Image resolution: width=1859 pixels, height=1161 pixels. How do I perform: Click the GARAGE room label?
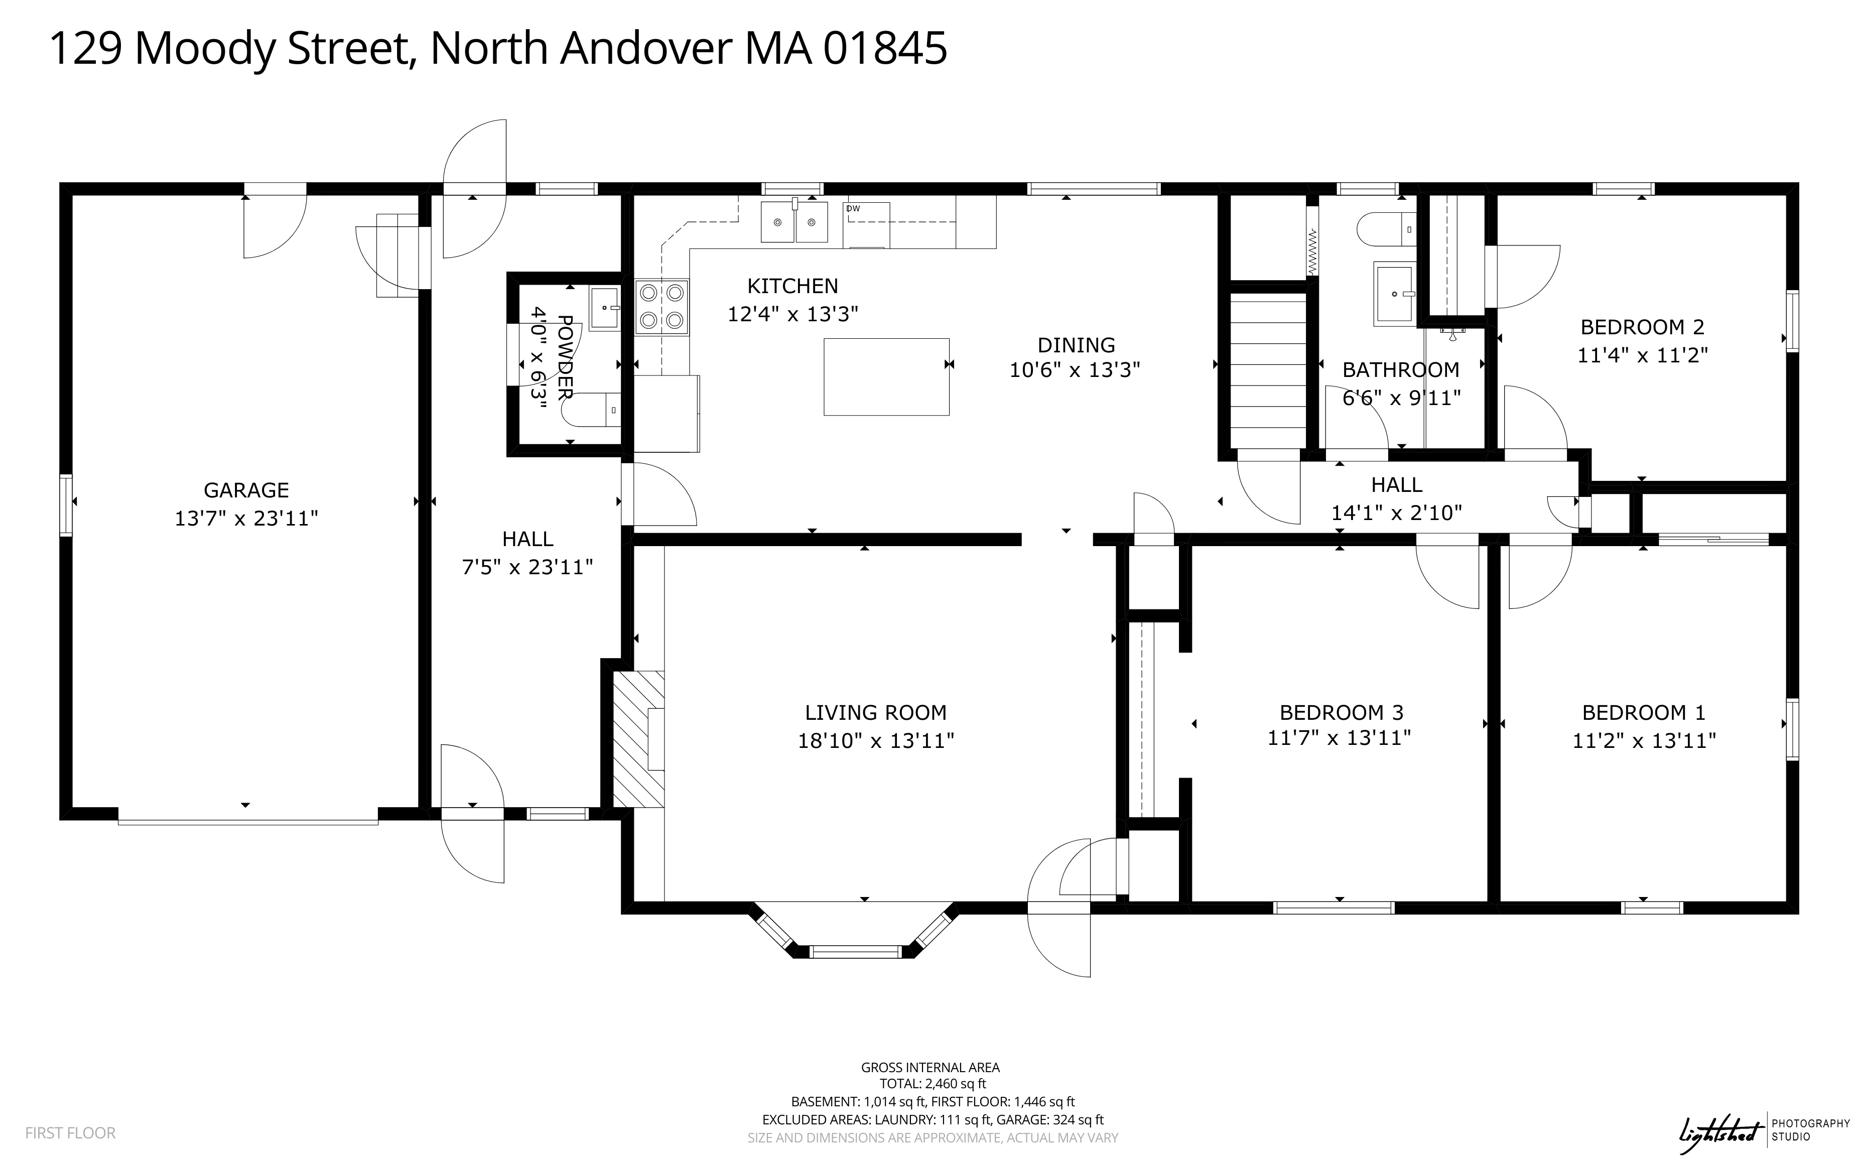(246, 490)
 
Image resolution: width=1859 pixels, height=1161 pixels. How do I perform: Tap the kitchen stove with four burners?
(661, 306)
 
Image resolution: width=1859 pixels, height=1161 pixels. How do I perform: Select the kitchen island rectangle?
(886, 377)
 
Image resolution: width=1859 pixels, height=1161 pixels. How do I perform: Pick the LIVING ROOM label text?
(876, 713)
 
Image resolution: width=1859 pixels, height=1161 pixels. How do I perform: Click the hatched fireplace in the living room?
(638, 739)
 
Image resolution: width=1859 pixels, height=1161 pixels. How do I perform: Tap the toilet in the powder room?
(591, 409)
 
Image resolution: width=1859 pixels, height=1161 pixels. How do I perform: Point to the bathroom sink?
(1394, 294)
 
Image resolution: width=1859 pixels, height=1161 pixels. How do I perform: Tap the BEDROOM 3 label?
(1342, 713)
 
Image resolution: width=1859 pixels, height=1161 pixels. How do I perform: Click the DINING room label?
(1076, 345)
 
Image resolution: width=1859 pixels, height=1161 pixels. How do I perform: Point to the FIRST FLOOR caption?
(71, 1132)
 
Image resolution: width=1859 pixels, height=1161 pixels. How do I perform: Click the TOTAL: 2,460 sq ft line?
(933, 1083)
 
